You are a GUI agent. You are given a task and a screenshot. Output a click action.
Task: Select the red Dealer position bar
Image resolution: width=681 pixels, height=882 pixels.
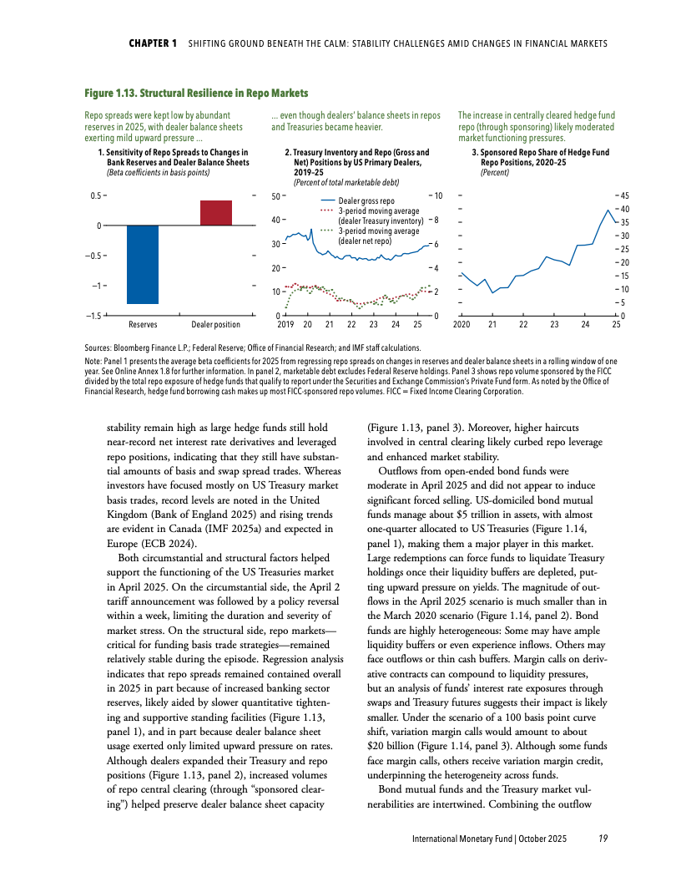[215, 213]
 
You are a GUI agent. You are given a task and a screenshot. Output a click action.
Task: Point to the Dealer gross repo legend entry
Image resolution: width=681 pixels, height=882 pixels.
[366, 201]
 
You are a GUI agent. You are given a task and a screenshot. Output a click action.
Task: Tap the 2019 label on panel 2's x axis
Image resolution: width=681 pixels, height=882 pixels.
[285, 325]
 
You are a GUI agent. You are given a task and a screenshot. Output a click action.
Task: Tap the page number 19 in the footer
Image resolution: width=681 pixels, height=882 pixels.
[603, 839]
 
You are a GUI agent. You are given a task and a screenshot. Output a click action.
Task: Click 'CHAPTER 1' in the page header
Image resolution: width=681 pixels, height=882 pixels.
[153, 43]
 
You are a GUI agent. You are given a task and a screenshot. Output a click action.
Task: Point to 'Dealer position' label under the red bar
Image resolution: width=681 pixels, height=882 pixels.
[215, 324]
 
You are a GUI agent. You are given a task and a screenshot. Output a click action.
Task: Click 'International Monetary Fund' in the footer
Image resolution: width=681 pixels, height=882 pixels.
[462, 839]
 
